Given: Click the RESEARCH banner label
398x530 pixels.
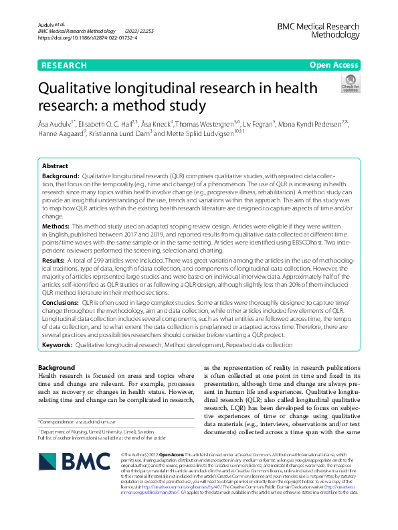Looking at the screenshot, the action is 64,65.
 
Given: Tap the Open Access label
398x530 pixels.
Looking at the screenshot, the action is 334,65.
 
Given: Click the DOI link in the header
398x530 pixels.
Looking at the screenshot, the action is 88,38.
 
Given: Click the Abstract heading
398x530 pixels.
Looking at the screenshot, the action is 55,165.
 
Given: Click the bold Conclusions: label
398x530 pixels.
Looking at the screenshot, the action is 60,303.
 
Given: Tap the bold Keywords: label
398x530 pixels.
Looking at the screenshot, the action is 57,345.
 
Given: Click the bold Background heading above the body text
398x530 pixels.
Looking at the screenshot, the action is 56,368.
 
